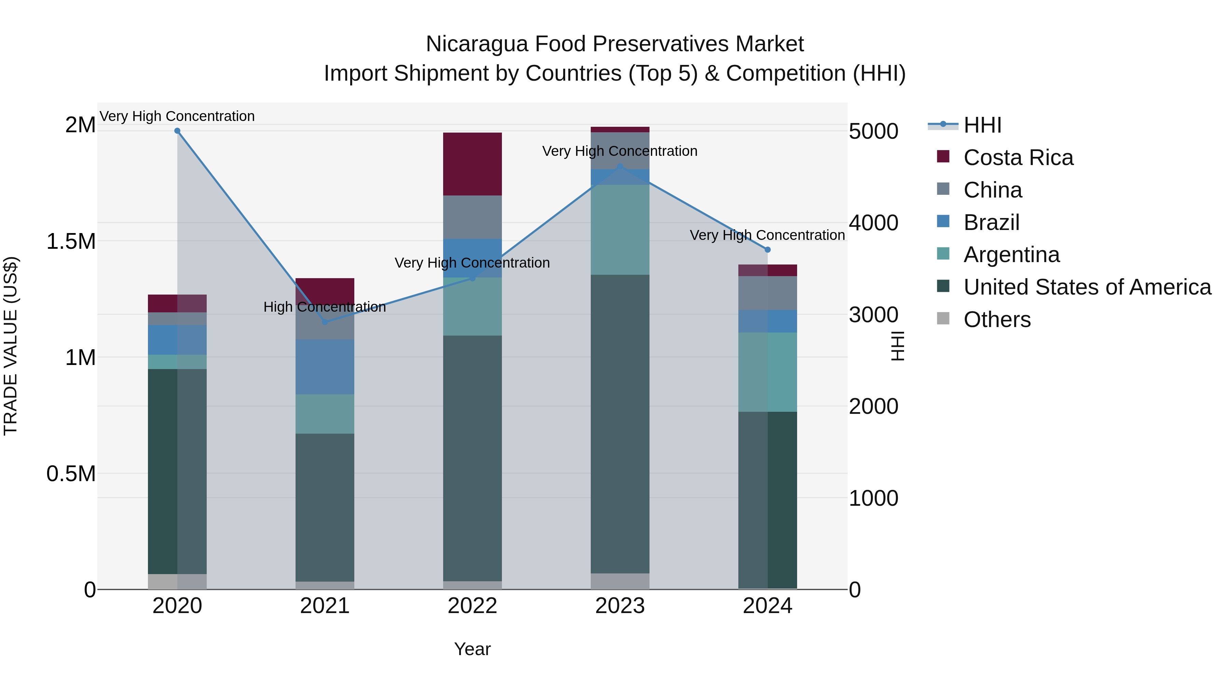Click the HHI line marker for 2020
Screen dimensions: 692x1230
point(177,131)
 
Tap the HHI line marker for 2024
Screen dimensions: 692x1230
point(768,250)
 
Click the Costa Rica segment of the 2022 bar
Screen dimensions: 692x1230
point(472,164)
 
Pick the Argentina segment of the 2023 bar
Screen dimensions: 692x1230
point(620,229)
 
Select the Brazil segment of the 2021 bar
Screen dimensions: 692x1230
point(325,367)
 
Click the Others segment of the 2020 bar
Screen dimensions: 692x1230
point(177,581)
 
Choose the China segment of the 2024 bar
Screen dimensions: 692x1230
point(768,293)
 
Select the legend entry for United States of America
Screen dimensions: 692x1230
point(1087,287)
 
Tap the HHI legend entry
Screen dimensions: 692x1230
point(982,125)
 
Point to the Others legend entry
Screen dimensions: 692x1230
point(997,320)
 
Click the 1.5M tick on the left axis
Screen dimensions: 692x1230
point(71,241)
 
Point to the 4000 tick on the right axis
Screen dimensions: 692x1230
point(873,223)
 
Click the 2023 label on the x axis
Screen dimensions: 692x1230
point(620,606)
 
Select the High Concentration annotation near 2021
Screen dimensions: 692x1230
point(325,307)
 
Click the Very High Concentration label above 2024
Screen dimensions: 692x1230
point(767,235)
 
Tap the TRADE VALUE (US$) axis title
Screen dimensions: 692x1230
point(11,346)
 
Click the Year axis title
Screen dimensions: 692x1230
point(472,649)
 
